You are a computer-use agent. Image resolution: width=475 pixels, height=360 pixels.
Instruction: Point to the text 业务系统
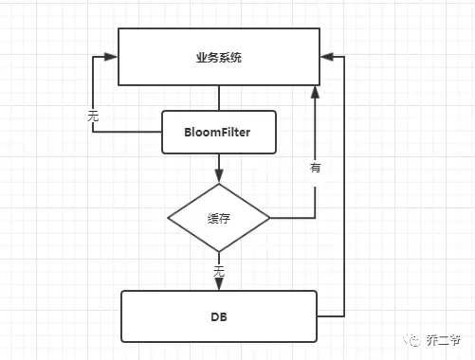tap(219, 57)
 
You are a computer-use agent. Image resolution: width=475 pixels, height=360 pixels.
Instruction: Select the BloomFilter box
tap(219, 132)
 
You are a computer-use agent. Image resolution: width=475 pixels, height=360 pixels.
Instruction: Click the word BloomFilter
tap(219, 132)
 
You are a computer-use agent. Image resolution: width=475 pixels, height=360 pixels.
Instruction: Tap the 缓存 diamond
tap(219, 218)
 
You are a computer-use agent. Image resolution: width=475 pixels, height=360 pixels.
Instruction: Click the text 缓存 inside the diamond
tap(219, 218)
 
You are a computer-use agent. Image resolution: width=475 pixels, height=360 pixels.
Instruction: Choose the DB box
tap(218, 316)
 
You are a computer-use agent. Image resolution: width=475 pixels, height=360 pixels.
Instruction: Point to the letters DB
tap(218, 316)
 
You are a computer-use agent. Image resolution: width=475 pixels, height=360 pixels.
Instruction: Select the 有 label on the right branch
tap(315, 168)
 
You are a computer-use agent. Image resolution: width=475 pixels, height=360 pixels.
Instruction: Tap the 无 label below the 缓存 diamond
tap(219, 271)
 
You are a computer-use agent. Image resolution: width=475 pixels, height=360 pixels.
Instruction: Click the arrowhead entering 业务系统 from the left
tap(111, 57)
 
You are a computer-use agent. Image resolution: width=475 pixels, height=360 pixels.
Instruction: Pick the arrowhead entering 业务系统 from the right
tap(327, 57)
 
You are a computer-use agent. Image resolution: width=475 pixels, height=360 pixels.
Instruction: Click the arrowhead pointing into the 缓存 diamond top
tap(219, 176)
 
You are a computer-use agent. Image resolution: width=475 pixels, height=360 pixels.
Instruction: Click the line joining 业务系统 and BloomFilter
tap(219, 98)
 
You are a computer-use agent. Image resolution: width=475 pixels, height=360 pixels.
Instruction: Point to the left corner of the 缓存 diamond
tap(170, 218)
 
